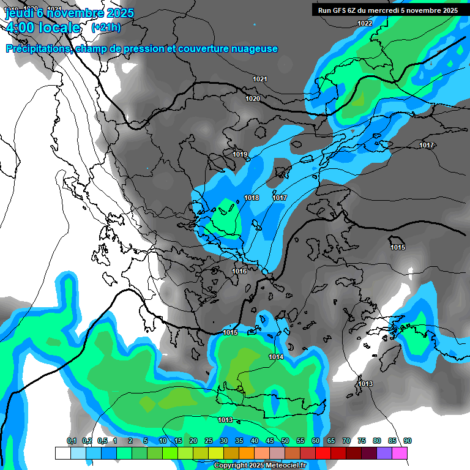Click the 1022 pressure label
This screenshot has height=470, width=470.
[365, 23]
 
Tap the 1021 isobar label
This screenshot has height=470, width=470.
[260, 79]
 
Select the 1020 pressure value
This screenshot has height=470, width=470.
[253, 99]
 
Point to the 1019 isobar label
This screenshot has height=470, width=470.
[240, 154]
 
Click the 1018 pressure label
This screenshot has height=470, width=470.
[252, 198]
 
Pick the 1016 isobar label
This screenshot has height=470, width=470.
[239, 271]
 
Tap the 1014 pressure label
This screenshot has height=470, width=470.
[276, 357]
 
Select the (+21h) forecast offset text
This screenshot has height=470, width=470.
[106, 28]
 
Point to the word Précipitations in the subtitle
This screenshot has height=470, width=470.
[38, 49]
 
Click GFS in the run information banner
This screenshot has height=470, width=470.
[338, 10]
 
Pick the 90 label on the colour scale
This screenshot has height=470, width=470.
[408, 441]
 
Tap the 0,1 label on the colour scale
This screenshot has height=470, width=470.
[72, 441]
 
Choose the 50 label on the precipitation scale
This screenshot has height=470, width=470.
[285, 441]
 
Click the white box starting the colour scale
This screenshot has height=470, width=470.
[62, 453]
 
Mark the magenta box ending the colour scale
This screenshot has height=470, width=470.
[400, 453]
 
